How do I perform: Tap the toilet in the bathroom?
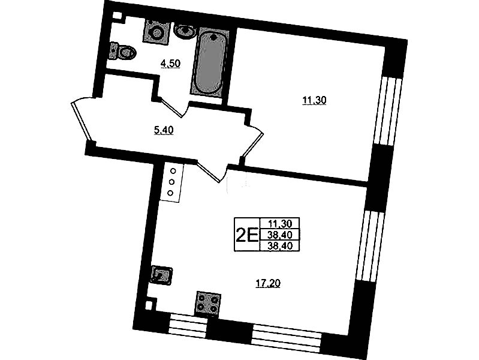[123, 52]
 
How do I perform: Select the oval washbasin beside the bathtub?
[185, 31]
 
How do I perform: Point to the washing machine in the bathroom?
[156, 31]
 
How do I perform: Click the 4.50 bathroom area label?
[170, 64]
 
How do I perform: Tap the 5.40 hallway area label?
[164, 131]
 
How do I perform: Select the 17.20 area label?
[267, 284]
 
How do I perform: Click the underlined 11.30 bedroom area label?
[314, 100]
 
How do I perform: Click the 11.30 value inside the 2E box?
[279, 224]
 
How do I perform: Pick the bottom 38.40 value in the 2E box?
[279, 246]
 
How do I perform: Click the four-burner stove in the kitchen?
[209, 303]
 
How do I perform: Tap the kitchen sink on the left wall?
[162, 275]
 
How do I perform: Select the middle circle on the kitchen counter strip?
[171, 182]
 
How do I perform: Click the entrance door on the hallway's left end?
[83, 119]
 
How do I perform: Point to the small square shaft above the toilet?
[117, 16]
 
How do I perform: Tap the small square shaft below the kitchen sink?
[149, 305]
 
